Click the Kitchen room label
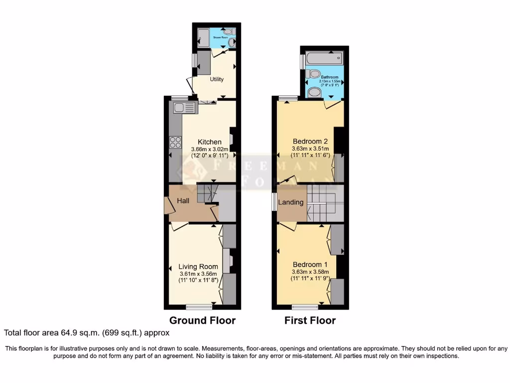pyautogui.click(x=209, y=142)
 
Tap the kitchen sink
pyautogui.click(x=185, y=107)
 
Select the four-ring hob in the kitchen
pyautogui.click(x=175, y=142)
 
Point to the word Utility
pyautogui.click(x=217, y=79)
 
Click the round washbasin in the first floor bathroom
pyautogui.click(x=314, y=92)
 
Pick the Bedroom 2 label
pyautogui.click(x=310, y=142)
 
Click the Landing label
pyautogui.click(x=290, y=202)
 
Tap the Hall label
pyautogui.click(x=183, y=200)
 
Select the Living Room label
pyautogui.click(x=198, y=267)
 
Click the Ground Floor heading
pyautogui.click(x=202, y=320)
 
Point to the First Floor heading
pyautogui.click(x=310, y=320)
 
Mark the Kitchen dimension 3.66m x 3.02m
pyautogui.click(x=210, y=149)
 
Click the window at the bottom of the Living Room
pyautogui.click(x=199, y=307)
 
